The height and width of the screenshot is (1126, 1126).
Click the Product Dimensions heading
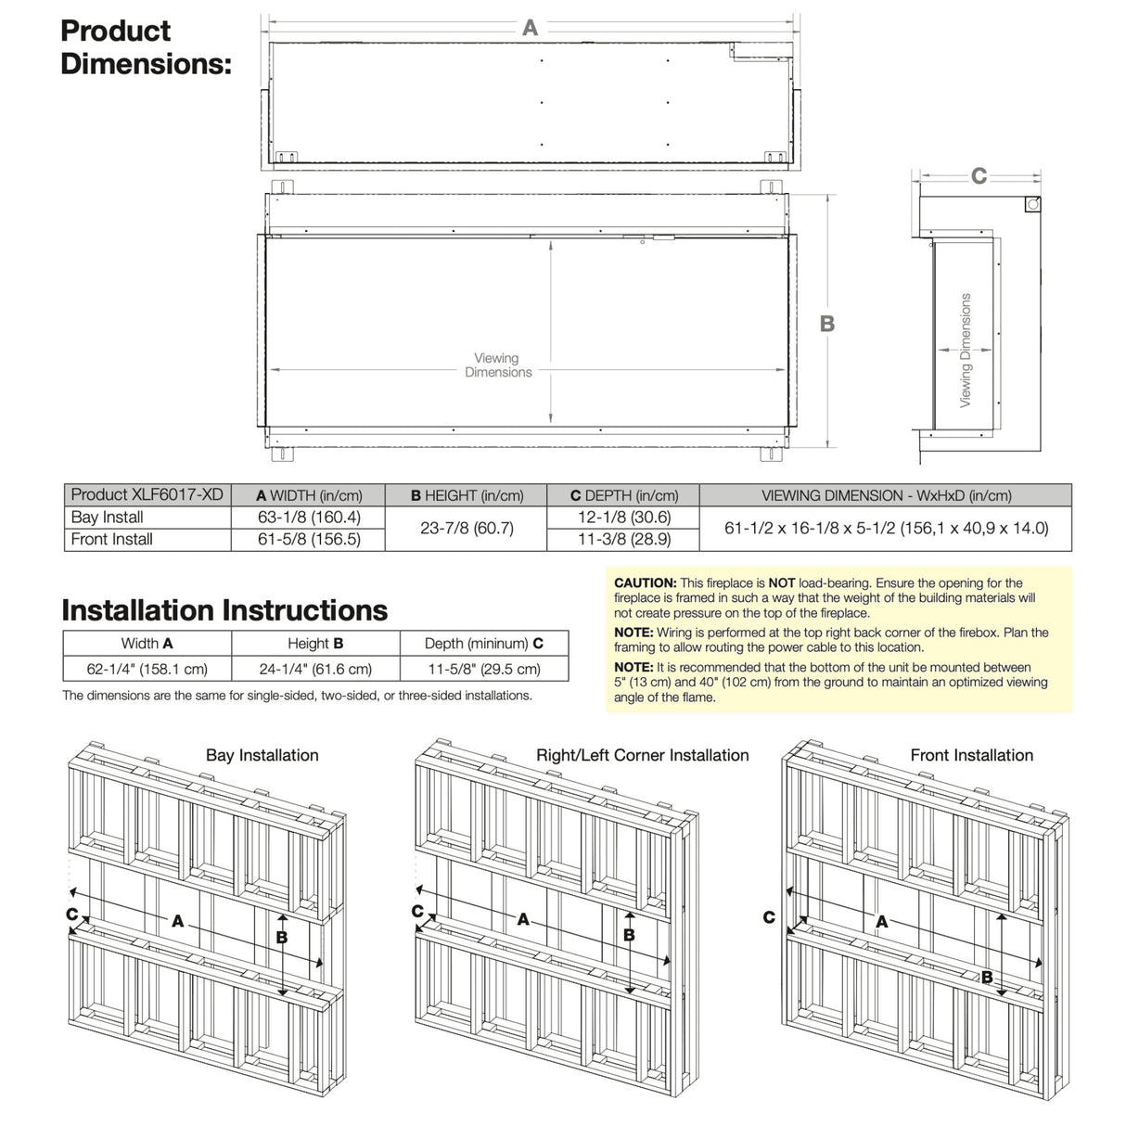[145, 47]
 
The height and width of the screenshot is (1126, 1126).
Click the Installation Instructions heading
[224, 610]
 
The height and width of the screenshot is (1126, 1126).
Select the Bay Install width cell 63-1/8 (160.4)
[309, 518]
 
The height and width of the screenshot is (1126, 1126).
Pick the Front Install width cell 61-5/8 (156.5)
[309, 540]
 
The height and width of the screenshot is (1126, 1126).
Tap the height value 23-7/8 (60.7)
[467, 529]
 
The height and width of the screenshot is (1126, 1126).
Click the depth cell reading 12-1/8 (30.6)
[623, 518]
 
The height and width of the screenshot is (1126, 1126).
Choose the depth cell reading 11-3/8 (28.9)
[623, 540]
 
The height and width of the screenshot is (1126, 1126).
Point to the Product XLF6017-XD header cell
[147, 495]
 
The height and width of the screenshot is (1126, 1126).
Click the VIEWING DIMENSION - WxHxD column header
[886, 496]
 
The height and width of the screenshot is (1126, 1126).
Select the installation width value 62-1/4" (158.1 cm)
[147, 670]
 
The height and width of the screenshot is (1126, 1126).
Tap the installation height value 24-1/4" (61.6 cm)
[315, 670]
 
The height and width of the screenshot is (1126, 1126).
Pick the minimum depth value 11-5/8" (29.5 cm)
[483, 670]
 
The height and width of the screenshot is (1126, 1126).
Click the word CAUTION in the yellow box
[645, 583]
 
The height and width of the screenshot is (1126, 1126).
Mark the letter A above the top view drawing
[530, 29]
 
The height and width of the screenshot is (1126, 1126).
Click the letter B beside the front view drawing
[826, 324]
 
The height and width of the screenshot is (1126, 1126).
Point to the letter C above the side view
[979, 176]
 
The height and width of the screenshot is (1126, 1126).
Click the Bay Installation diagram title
[262, 756]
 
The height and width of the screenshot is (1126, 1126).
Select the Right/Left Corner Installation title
[642, 756]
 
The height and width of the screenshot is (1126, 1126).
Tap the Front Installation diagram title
[971, 756]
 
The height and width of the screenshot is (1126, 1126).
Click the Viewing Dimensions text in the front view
[498, 365]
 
